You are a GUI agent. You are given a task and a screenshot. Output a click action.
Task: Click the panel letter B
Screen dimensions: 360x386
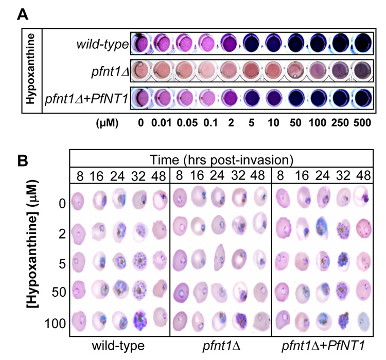tap(23, 160)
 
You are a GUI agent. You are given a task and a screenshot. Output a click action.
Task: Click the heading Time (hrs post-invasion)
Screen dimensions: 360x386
tap(223, 158)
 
